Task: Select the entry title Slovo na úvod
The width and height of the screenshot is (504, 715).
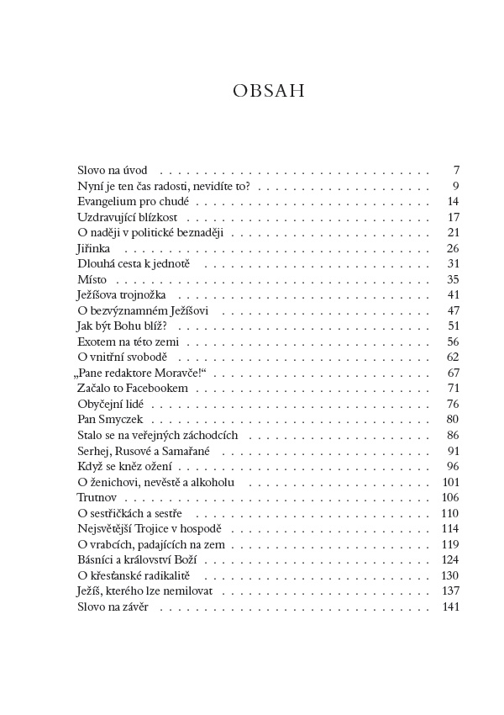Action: (x=112, y=170)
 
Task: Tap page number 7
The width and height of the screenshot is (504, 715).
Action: (x=455, y=170)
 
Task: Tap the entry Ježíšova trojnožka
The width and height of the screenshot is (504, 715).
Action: (x=122, y=295)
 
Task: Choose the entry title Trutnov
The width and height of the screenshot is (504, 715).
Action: (x=95, y=498)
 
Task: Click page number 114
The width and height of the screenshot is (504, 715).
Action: (x=450, y=529)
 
